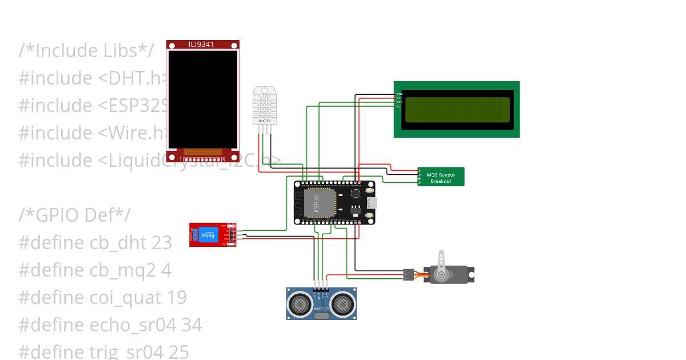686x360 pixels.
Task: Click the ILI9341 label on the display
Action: [202, 44]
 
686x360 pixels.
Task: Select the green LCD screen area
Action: [457, 110]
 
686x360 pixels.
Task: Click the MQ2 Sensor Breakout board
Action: [441, 177]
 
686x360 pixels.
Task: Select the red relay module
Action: [212, 235]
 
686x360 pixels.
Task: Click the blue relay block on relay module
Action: [207, 235]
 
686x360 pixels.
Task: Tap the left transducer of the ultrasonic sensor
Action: [300, 303]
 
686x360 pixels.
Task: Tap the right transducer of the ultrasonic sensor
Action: [342, 303]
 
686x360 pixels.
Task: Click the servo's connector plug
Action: [408, 274]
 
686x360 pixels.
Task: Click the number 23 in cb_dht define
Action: [162, 243]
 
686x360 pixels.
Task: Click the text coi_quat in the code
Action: [126, 298]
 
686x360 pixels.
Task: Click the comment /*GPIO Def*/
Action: [74, 215]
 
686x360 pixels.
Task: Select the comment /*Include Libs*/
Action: [86, 50]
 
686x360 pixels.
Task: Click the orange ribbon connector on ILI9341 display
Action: [202, 152]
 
